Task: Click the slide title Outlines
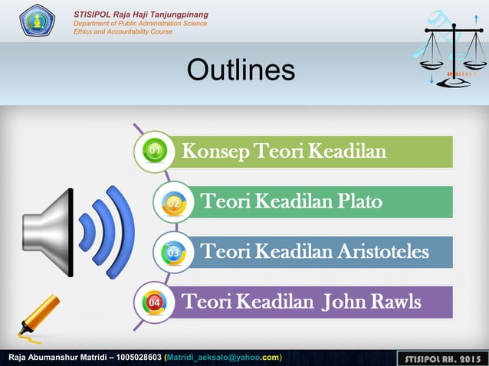241,70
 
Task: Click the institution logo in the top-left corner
37,20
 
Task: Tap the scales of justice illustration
455,51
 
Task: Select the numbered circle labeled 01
154,151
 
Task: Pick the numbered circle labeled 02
174,202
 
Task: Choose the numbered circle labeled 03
173,252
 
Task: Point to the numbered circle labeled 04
154,302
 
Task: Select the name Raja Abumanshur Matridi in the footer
57,358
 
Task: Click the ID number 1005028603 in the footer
139,358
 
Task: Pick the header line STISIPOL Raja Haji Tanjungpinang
140,15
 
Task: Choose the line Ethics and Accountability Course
123,31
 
